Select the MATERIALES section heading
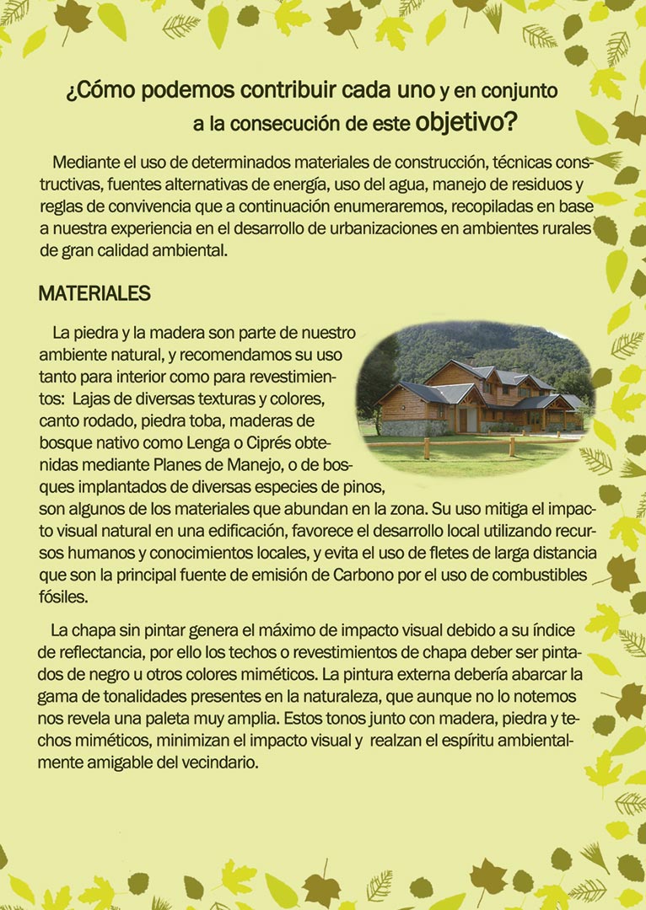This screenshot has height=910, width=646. pyautogui.click(x=94, y=294)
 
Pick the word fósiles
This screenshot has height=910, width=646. pyautogui.click(x=63, y=595)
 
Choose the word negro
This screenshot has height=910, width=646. pyautogui.click(x=118, y=676)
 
